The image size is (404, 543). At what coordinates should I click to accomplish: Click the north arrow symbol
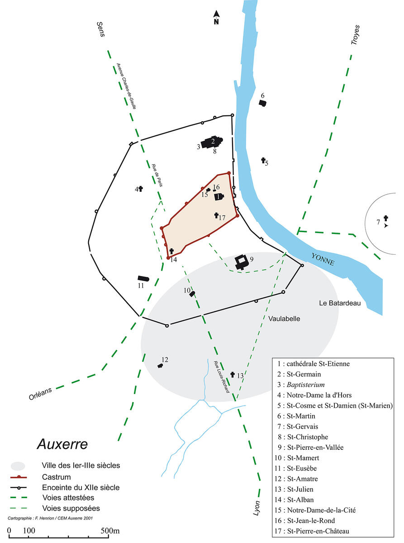click(216, 17)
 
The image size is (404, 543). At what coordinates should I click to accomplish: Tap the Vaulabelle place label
click(284, 319)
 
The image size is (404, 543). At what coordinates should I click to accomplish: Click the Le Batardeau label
click(339, 303)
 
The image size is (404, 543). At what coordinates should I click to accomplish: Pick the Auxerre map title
click(62, 443)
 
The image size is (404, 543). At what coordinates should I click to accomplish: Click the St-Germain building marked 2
click(212, 141)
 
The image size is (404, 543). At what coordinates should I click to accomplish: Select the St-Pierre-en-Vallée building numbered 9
click(241, 262)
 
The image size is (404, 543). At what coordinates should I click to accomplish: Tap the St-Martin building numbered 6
click(262, 103)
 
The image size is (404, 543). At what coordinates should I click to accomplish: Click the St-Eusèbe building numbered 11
click(143, 279)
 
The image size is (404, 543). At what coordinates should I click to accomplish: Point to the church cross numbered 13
click(233, 375)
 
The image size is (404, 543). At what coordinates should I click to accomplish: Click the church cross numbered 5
click(263, 160)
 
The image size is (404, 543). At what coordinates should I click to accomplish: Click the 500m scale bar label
click(110, 530)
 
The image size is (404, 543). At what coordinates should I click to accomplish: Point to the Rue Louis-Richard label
click(222, 376)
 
